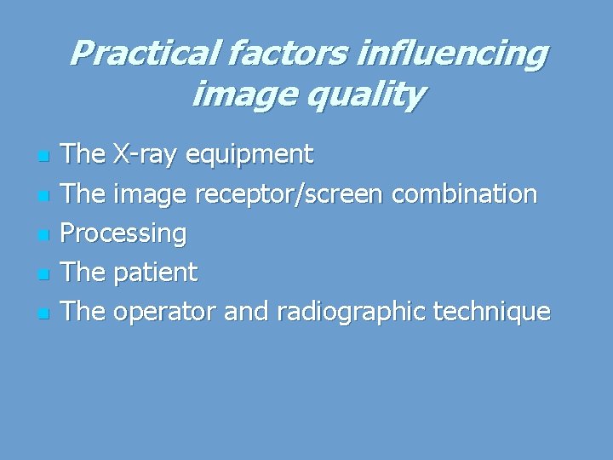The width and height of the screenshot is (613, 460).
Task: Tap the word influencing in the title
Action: point(452,54)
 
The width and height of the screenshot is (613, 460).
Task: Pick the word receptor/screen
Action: point(290,195)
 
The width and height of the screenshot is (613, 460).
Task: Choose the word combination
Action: point(465,193)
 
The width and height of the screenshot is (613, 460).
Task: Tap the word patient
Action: point(155,273)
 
